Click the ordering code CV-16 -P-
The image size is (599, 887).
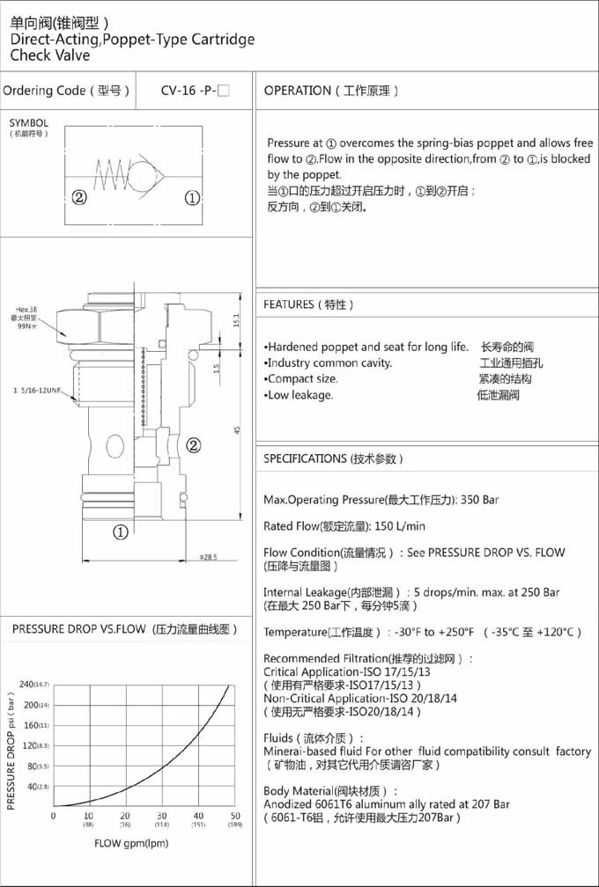[x=195, y=91]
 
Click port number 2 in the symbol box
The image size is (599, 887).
[x=79, y=197]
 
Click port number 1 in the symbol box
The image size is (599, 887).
[x=193, y=197]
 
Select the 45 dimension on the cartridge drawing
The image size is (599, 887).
[x=236, y=429]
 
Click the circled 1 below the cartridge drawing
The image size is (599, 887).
[x=121, y=531]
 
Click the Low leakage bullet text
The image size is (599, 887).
[x=299, y=395]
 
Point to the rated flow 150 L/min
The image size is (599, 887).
[x=400, y=526]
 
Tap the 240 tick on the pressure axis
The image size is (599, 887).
[x=28, y=684]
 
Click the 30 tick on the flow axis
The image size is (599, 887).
[x=161, y=816]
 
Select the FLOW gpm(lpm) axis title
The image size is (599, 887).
[x=131, y=843]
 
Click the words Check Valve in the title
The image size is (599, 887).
[x=50, y=55]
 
